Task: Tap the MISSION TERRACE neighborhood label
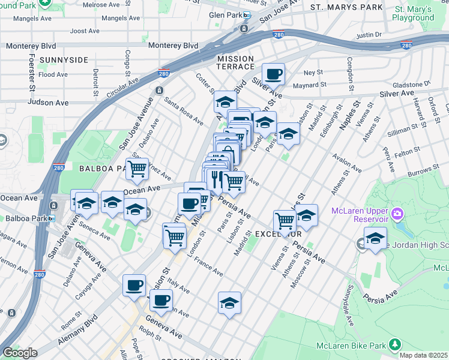click(235, 61)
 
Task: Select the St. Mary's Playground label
click(413, 14)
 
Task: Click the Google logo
click(19, 353)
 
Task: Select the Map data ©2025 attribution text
click(424, 355)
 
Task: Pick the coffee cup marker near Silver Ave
click(273, 74)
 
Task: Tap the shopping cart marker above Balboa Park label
click(137, 169)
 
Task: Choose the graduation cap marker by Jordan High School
click(375, 238)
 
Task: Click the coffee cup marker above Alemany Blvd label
click(134, 285)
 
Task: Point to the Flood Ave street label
click(53, 74)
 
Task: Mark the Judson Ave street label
click(48, 103)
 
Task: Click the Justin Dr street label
click(369, 35)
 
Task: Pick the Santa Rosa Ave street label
click(184, 111)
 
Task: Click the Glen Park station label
click(225, 15)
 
